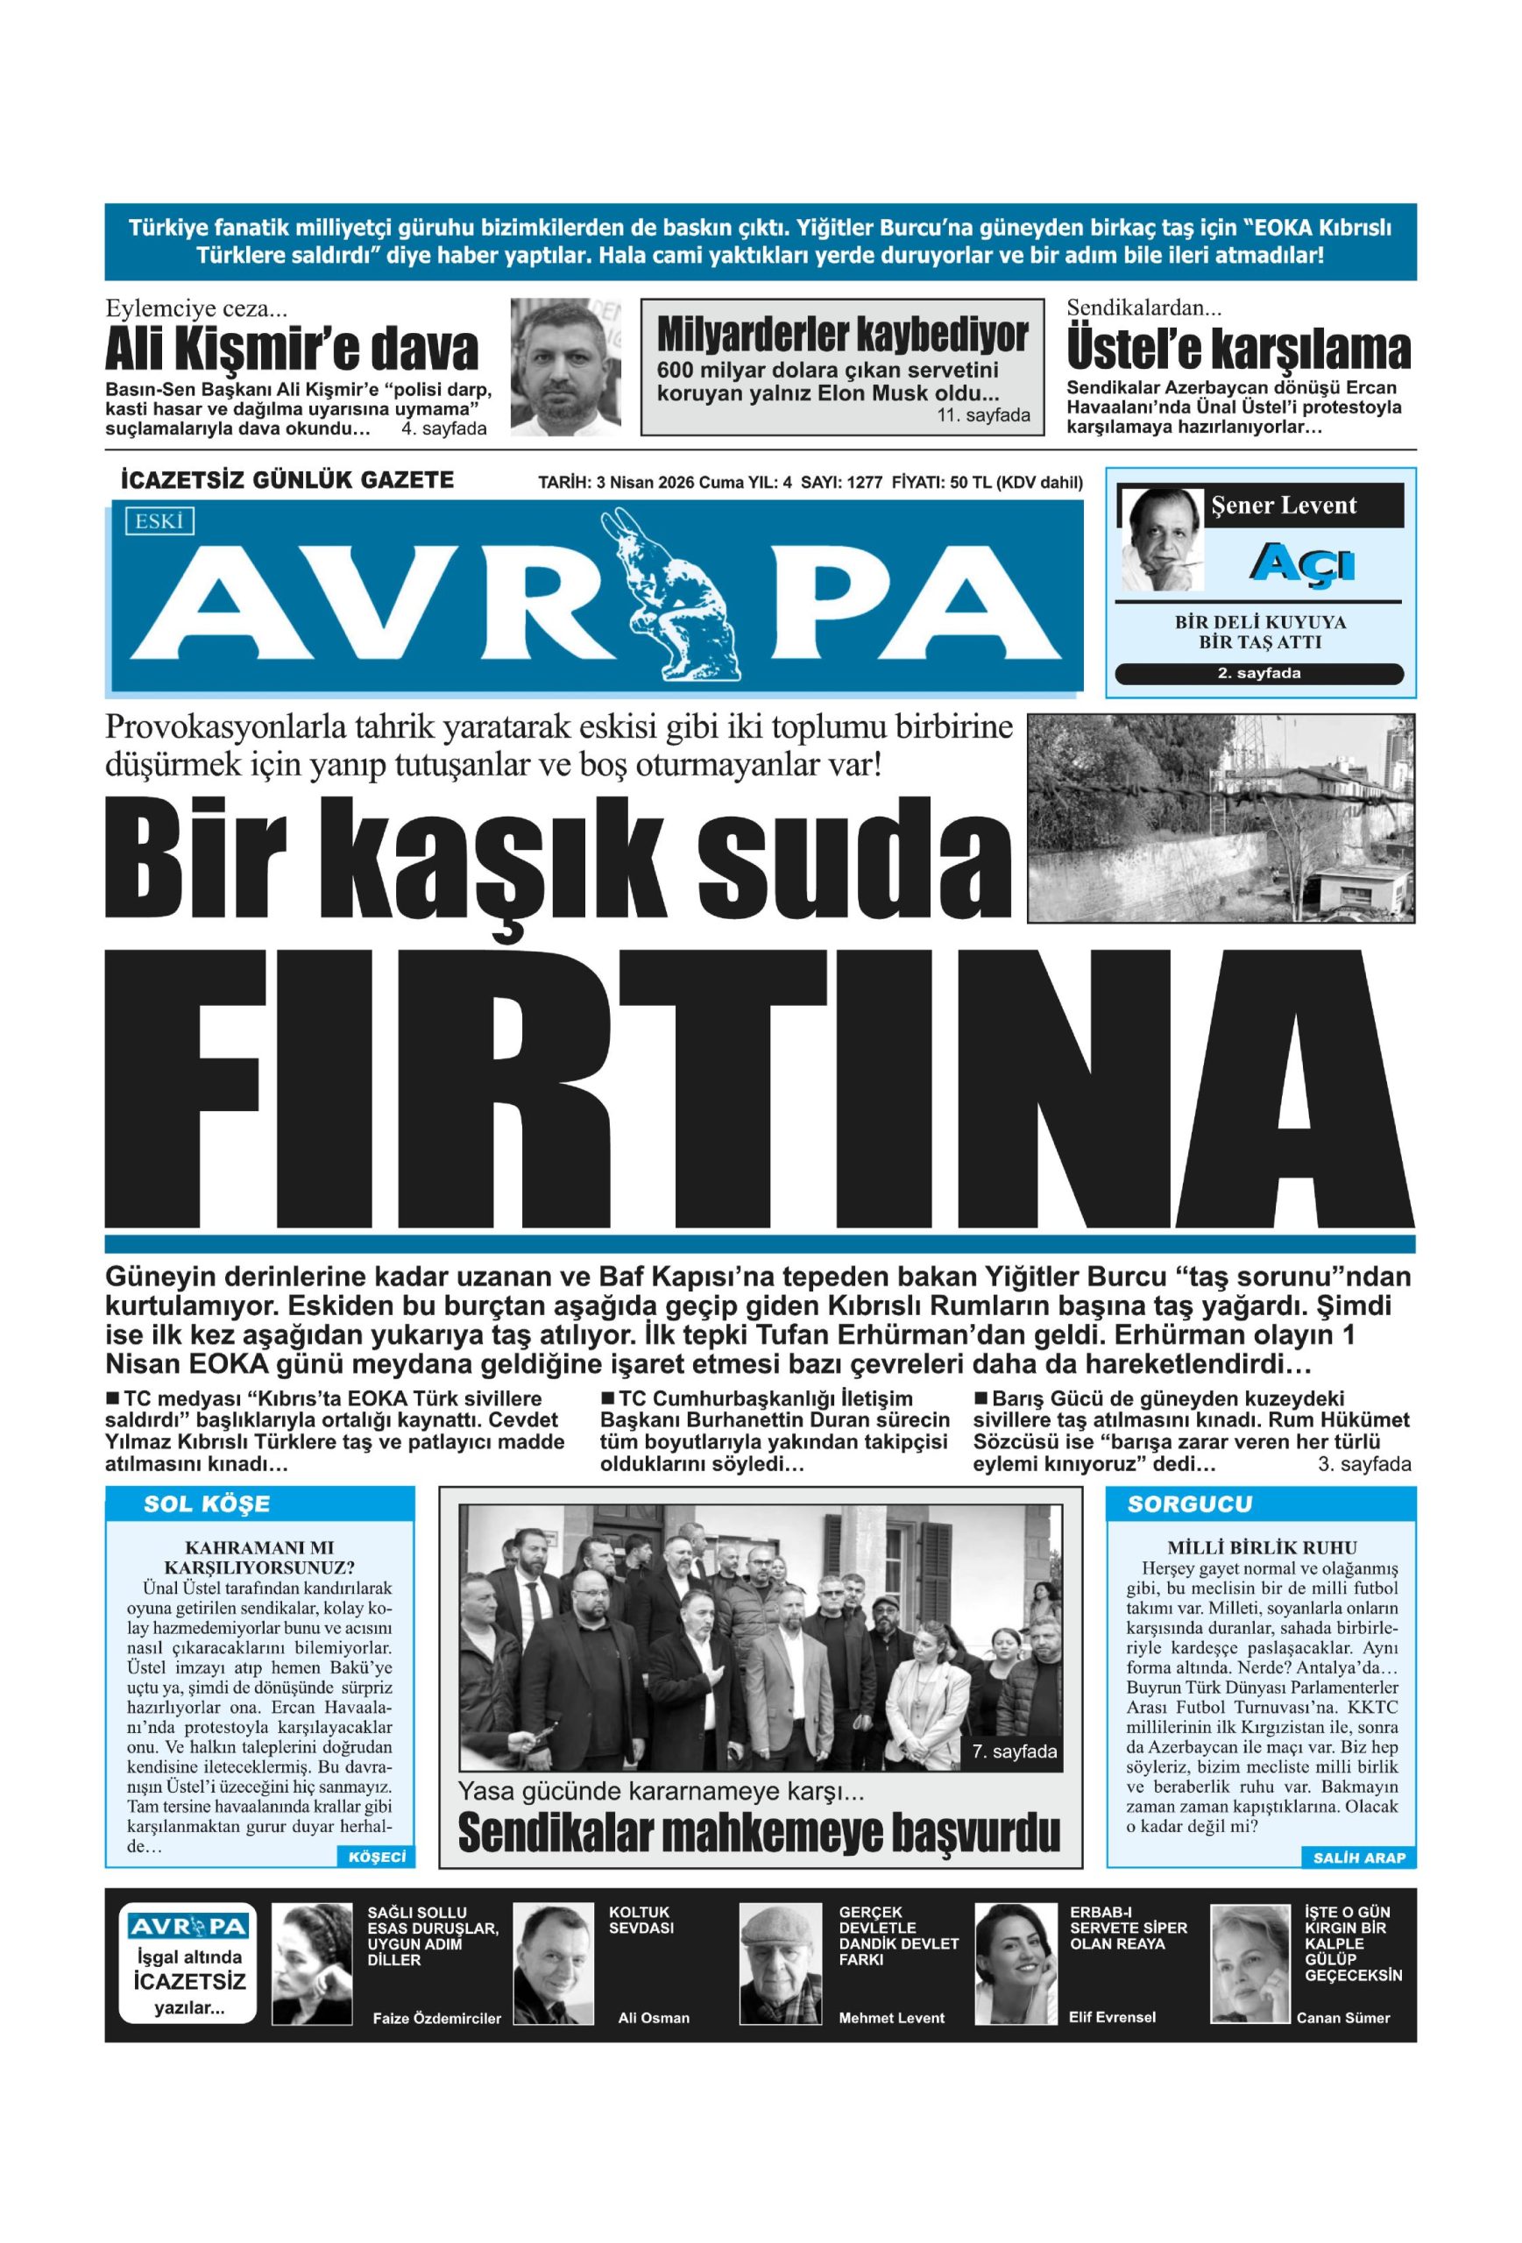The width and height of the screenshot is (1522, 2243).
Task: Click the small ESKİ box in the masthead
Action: (x=159, y=521)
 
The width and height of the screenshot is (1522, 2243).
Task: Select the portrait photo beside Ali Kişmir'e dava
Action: (x=565, y=367)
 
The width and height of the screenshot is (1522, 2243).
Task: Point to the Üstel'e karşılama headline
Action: (x=1237, y=350)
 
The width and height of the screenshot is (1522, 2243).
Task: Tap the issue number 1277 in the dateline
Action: (x=864, y=484)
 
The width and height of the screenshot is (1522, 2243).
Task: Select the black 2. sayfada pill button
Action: (x=1258, y=674)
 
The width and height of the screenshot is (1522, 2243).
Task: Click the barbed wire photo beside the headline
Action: (x=1221, y=817)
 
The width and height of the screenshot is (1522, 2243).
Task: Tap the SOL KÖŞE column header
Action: (x=207, y=1504)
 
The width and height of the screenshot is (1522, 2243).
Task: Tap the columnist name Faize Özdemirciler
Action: (x=437, y=2017)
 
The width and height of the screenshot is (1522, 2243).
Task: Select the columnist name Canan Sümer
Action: (x=1342, y=2017)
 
